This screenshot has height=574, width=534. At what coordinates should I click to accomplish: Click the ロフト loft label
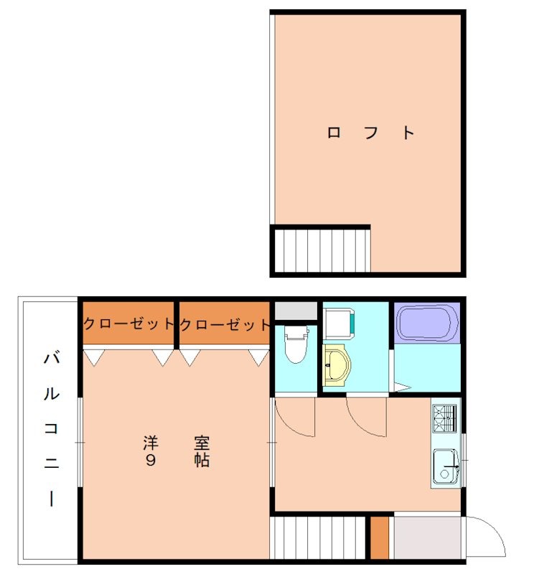click(370, 133)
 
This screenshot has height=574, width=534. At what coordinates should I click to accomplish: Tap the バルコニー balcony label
click(52, 428)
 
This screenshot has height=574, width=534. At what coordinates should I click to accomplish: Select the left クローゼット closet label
click(128, 324)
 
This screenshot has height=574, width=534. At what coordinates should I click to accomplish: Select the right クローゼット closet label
click(225, 324)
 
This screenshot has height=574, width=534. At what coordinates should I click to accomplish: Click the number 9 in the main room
click(151, 460)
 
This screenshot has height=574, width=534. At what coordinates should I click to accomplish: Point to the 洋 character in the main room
click(151, 443)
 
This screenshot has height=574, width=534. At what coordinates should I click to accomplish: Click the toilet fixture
click(296, 344)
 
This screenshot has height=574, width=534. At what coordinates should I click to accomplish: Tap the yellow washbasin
click(337, 365)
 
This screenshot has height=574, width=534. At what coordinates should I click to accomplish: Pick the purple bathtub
click(427, 323)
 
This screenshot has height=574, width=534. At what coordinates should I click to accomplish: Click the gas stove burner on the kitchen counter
click(444, 418)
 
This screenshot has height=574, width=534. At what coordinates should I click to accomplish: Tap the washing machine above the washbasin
click(339, 324)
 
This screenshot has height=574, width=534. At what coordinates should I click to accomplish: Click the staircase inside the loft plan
click(322, 250)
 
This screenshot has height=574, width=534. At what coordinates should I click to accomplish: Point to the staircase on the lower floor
click(317, 537)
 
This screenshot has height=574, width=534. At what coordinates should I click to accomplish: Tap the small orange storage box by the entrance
click(380, 537)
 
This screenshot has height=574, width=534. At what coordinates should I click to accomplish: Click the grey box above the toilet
click(296, 311)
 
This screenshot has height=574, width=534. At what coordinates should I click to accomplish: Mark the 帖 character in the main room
click(202, 460)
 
